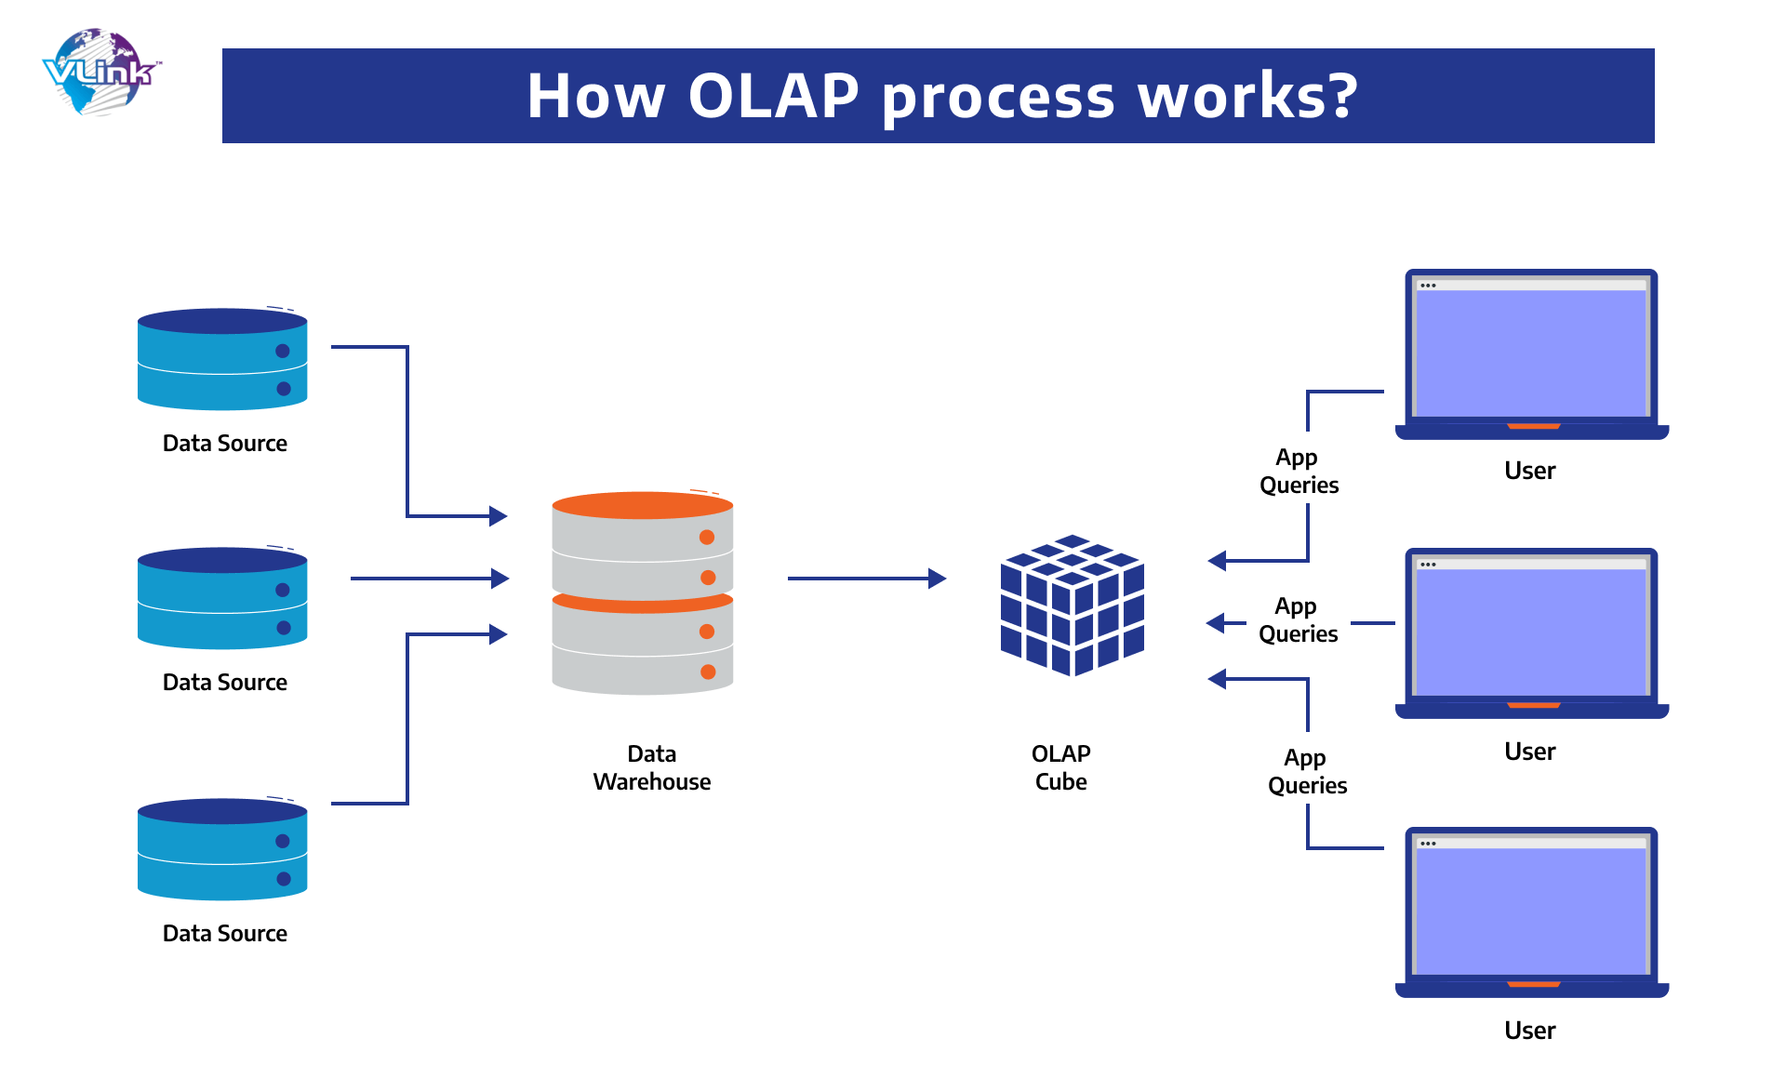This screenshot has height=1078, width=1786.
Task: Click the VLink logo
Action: [x=100, y=73]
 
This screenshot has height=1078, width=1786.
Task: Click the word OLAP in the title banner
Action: [x=773, y=96]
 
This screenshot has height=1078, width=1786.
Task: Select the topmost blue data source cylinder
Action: [x=222, y=360]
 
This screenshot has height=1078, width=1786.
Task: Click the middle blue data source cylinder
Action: [x=222, y=598]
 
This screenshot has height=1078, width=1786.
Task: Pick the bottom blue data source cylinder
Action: [x=222, y=849]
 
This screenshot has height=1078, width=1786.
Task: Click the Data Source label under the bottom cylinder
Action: [x=224, y=933]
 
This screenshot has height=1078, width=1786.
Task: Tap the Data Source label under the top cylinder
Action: [x=224, y=443]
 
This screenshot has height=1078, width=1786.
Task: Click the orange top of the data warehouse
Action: [x=642, y=505]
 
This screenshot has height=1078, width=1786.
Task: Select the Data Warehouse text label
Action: [x=651, y=767]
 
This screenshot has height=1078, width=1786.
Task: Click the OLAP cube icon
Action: [x=1072, y=605]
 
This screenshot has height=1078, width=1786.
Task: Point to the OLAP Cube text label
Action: [x=1060, y=767]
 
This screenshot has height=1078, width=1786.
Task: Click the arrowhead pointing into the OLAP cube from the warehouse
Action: [x=938, y=579]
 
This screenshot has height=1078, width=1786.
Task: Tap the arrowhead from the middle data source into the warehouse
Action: [x=500, y=579]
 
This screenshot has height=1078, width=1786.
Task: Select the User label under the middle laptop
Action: [x=1529, y=752]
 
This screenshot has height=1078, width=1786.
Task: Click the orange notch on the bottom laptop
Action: [x=1533, y=984]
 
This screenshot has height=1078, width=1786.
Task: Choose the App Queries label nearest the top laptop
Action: [x=1299, y=471]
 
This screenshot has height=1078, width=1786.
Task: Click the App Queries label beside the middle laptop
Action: [x=1298, y=619]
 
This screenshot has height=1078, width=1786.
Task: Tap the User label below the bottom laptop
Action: [x=1529, y=1031]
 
